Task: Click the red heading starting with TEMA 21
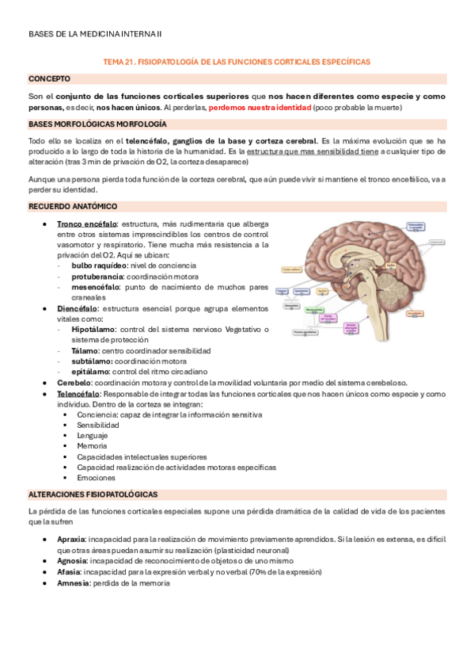[x=237, y=61]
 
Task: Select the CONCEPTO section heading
[x=49, y=78]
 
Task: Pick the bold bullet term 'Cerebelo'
[x=74, y=381]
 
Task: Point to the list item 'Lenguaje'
[x=93, y=435]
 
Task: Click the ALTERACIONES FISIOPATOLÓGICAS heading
[x=93, y=494]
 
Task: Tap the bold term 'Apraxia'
[x=71, y=538]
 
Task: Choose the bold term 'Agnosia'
[x=72, y=559]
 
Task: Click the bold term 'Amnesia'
[x=73, y=582]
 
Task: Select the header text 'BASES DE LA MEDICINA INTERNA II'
[x=94, y=33]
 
